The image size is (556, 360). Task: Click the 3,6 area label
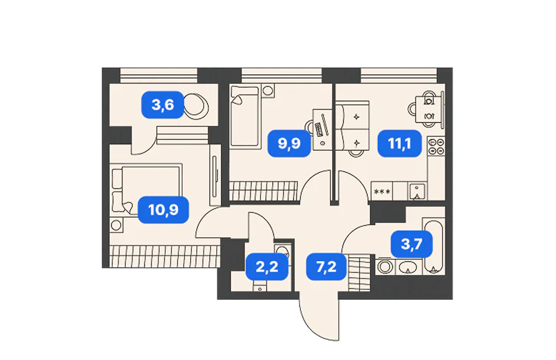163,105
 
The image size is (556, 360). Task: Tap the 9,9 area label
289,143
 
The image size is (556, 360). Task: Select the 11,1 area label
399,143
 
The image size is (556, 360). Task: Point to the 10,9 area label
164,210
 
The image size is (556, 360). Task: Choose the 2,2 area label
267,266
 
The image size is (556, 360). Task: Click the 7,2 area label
326,266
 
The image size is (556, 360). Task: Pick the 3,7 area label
412,244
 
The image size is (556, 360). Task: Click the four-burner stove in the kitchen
436,146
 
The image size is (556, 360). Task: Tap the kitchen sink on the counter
417,191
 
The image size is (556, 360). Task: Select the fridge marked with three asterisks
382,191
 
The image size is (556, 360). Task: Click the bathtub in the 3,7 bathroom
434,246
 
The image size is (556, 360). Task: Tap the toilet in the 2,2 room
283,252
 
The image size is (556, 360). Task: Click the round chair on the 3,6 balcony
196,106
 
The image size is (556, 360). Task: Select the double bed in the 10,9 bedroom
146,190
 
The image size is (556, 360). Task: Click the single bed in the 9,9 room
245,116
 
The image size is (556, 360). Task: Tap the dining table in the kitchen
429,109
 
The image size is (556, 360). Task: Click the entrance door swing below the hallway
319,319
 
